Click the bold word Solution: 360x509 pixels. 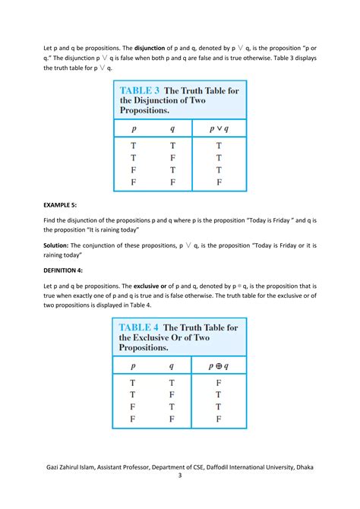pyautogui.click(x=62, y=245)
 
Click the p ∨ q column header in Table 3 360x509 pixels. pyautogui.click(x=219, y=129)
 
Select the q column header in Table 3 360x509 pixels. pyautogui.click(x=172, y=129)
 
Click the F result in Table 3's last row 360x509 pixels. pyautogui.click(x=219, y=182)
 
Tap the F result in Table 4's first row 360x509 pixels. pyautogui.click(x=219, y=383)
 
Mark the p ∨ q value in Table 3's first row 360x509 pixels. pyautogui.click(x=219, y=146)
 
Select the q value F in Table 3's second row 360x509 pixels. pyautogui.click(x=172, y=158)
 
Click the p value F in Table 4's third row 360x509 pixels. pyautogui.click(x=134, y=406)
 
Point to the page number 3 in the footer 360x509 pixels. pyautogui.click(x=180, y=476)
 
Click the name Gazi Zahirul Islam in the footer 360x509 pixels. pyautogui.click(x=77, y=466)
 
